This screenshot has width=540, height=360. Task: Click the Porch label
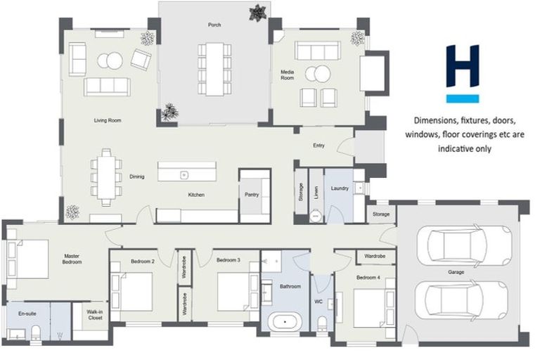(x=214, y=25)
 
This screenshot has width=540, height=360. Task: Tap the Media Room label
(x=288, y=75)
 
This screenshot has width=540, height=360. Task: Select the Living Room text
(x=108, y=121)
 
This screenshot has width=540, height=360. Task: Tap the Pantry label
(x=252, y=195)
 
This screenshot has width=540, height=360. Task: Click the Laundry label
(x=339, y=188)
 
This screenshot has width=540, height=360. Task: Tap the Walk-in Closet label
(x=95, y=314)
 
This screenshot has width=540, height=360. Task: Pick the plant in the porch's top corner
(x=257, y=12)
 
